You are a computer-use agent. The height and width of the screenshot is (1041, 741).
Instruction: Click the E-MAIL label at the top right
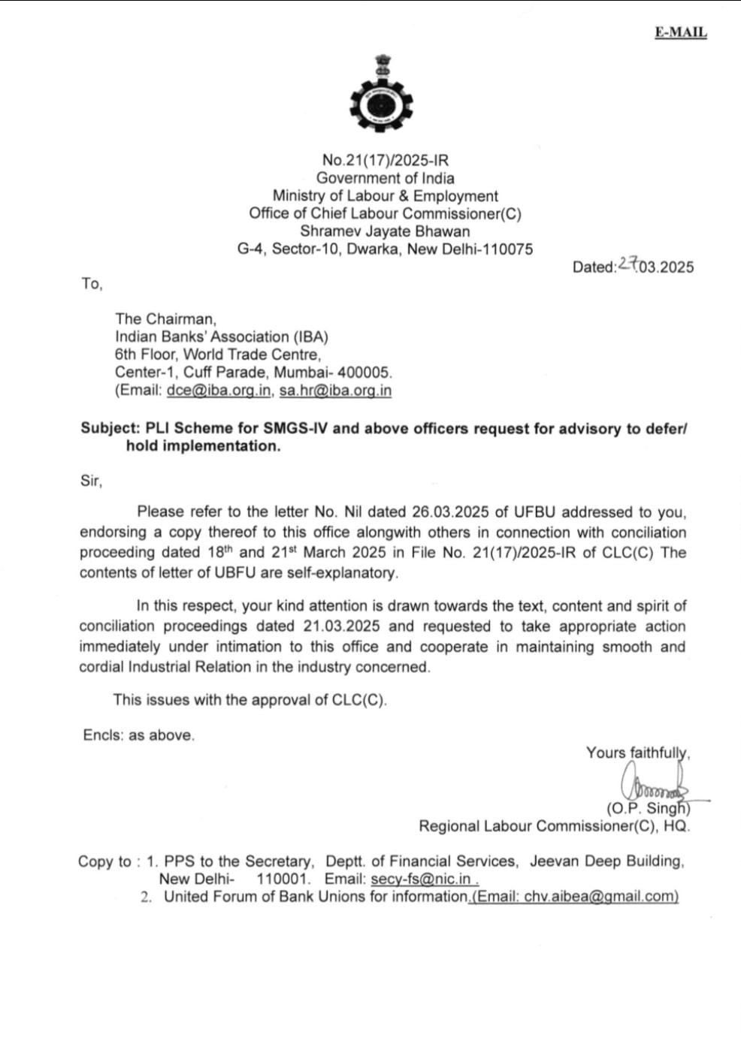tap(680, 32)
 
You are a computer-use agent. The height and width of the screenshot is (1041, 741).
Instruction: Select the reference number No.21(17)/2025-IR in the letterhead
tap(385, 160)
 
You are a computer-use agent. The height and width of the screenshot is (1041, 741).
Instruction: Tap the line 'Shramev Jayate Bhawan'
tap(385, 231)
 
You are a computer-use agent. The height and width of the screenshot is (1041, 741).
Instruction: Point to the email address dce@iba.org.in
tap(219, 391)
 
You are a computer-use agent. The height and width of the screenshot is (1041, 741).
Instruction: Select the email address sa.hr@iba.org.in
tap(335, 391)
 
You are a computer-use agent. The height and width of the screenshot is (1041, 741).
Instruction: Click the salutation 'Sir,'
tap(91, 481)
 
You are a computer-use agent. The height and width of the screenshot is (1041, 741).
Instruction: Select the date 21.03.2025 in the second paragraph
tap(342, 626)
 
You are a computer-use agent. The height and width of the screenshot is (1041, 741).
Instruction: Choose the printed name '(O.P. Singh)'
tap(648, 809)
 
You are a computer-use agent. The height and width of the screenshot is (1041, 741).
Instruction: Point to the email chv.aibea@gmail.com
tap(575, 896)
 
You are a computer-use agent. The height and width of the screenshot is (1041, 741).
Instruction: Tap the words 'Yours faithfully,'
tap(638, 753)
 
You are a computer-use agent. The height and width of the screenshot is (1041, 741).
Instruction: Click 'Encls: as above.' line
tap(139, 735)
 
